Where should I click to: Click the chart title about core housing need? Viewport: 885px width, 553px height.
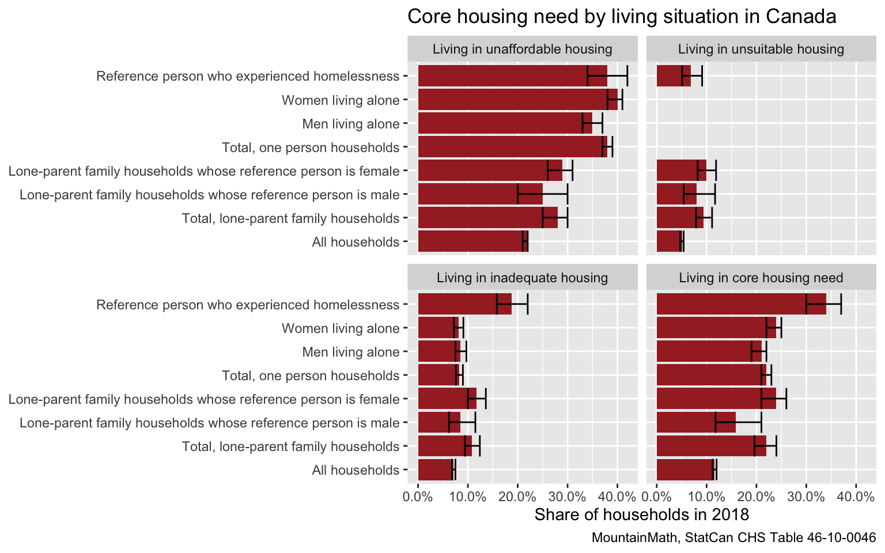[622, 17]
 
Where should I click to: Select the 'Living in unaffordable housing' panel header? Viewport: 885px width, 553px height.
[522, 50]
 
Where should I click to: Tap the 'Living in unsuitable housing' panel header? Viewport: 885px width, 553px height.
[761, 50]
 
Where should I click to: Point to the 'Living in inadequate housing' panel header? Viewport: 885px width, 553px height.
[522, 278]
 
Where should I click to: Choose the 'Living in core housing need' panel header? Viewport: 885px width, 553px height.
[761, 278]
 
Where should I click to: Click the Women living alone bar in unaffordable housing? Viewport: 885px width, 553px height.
[513, 100]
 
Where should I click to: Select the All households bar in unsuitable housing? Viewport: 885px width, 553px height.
[668, 241]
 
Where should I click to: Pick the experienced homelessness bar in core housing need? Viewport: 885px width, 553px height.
[732, 304]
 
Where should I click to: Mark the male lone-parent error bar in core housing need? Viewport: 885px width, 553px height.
[738, 422]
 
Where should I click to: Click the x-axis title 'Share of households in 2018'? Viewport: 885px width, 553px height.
[641, 514]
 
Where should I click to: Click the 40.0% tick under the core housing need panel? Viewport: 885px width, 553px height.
[856, 496]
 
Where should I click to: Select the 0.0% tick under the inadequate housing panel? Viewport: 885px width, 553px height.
[418, 496]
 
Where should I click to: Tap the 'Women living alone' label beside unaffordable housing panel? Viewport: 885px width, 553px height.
[341, 101]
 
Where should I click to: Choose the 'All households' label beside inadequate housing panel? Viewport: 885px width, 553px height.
[355, 471]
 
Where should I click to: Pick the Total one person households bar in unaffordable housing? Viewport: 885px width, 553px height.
[510, 147]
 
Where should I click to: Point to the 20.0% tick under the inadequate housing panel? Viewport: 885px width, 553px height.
[517, 496]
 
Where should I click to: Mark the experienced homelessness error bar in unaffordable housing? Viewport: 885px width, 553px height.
[607, 76]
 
